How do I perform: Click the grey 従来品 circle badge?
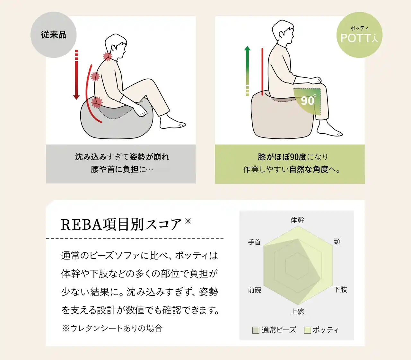coord(53,35)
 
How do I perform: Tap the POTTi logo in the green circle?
coord(359,38)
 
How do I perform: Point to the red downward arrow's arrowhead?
coord(76,97)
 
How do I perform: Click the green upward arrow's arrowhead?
coord(247,48)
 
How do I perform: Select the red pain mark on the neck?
coord(107,56)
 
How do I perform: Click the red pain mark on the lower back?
coord(97,102)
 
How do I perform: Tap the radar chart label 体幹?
coord(297,220)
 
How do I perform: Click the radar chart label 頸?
coord(337,241)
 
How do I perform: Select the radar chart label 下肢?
coord(340,290)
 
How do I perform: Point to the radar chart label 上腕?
coord(297,312)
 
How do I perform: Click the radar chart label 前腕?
coord(255,290)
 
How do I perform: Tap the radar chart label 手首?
coord(254,242)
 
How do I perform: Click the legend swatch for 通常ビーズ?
coord(256,330)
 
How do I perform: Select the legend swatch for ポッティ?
coord(308,330)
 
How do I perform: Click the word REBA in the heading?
coord(82,224)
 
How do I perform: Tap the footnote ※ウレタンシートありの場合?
coord(112,329)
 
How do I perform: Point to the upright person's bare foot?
coord(329,130)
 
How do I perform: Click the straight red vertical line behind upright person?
coord(262,72)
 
